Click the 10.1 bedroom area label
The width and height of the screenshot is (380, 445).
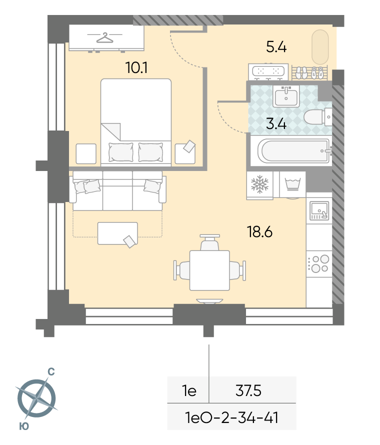[136, 68]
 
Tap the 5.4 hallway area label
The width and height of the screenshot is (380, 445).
[276, 47]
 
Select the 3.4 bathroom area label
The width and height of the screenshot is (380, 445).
[276, 124]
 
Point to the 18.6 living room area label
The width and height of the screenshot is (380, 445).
[259, 231]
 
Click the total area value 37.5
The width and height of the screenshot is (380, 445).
[248, 391]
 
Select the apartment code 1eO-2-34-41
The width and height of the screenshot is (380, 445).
[231, 418]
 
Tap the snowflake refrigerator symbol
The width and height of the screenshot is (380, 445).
[259, 184]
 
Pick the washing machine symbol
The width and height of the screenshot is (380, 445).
[292, 184]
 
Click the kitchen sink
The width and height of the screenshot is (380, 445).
[319, 210]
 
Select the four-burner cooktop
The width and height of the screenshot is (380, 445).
[319, 263]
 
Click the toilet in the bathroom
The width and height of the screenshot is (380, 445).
[317, 116]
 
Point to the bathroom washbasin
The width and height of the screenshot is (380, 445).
[286, 96]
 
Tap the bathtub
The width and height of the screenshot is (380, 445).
[294, 151]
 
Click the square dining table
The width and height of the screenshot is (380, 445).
[209, 270]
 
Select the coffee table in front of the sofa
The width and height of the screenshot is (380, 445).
[117, 233]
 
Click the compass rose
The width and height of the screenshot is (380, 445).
[37, 397]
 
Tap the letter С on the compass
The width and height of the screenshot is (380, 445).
[51, 372]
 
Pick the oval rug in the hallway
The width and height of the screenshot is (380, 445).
[320, 47]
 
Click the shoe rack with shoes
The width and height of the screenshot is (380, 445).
[309, 72]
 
